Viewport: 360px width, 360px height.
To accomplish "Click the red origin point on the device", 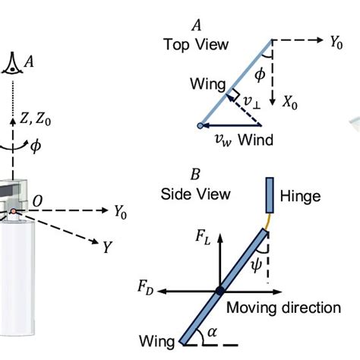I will pyautogui.click(x=13, y=210).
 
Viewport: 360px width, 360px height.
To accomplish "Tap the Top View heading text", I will pyautogui.click(x=195, y=45).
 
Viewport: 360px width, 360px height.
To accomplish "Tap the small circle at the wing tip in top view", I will pyautogui.click(x=200, y=126).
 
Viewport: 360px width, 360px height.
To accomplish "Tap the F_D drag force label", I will pyautogui.click(x=148, y=287).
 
